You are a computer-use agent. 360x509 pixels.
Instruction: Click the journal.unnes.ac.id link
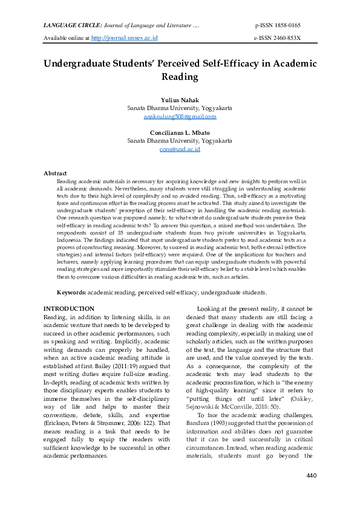[x=124, y=38]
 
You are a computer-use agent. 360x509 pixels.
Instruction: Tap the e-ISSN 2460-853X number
[x=277, y=38]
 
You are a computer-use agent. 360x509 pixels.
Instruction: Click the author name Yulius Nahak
[x=179, y=99]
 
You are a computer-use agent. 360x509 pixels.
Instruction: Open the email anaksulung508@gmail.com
[x=179, y=116]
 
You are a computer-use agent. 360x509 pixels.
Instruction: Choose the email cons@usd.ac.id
[x=179, y=149]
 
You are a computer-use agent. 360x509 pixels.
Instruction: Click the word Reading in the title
[x=179, y=77]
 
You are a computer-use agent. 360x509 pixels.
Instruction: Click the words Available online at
[x=67, y=38]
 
